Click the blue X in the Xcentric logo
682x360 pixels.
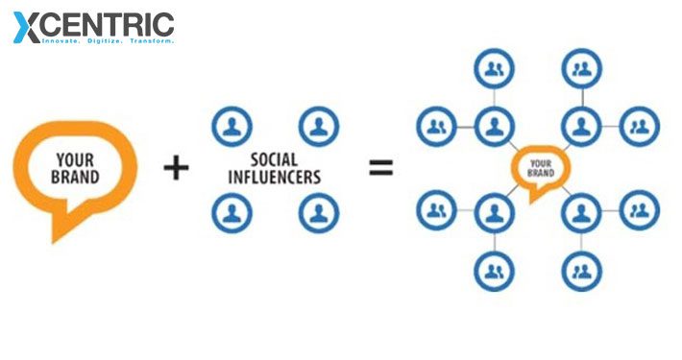pyautogui.click(x=27, y=26)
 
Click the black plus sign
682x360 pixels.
pyautogui.click(x=176, y=168)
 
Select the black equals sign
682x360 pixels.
pyautogui.click(x=381, y=168)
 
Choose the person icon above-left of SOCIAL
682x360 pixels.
pyautogui.click(x=231, y=126)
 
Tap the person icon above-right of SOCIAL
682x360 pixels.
pyautogui.click(x=319, y=126)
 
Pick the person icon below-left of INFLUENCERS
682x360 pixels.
pyautogui.click(x=231, y=212)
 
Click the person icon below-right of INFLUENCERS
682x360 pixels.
pyautogui.click(x=319, y=212)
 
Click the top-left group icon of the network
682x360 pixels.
pyautogui.click(x=494, y=69)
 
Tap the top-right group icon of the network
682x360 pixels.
pyautogui.click(x=581, y=69)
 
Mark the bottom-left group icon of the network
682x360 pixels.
pyautogui.click(x=494, y=271)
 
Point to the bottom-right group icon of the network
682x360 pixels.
pyautogui.click(x=581, y=271)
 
